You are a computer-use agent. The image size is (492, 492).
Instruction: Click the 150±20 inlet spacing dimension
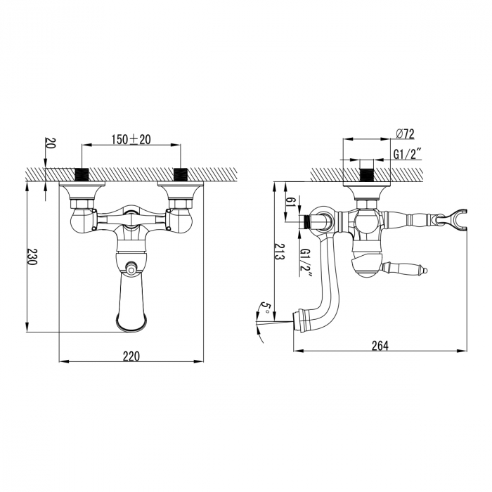(131, 139)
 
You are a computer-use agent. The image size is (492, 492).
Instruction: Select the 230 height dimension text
(32, 258)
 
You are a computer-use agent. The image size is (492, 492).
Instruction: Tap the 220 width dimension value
(131, 356)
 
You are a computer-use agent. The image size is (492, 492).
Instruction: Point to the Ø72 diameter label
(406, 134)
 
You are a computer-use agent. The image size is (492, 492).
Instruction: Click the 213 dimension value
(278, 251)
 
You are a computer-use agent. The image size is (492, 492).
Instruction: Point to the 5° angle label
(265, 308)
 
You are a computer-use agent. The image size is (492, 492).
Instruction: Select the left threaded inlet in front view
(83, 174)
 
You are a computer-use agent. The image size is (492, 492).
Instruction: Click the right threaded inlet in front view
(181, 174)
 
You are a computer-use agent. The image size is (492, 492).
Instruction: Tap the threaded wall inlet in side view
(366, 173)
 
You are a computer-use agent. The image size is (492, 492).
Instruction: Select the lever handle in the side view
(404, 267)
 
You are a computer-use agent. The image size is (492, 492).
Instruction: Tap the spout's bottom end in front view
(131, 325)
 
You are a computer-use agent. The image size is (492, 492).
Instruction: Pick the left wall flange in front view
(84, 188)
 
